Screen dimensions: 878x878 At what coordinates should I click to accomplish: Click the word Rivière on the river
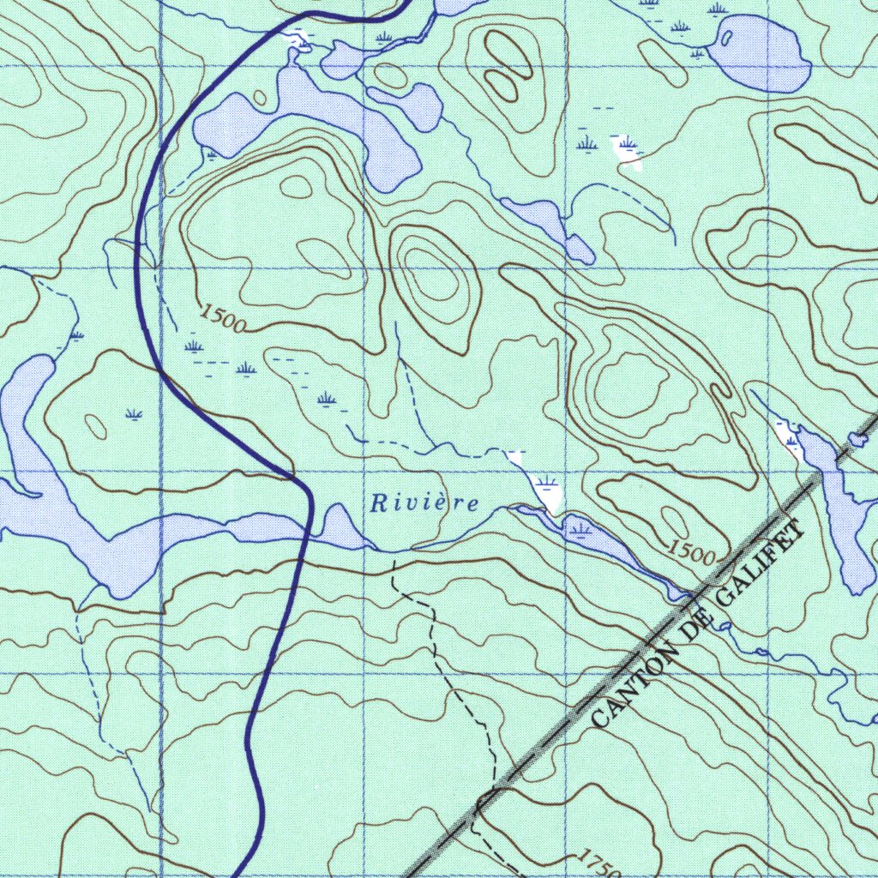(424, 503)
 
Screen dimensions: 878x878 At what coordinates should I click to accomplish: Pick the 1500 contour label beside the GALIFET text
(691, 551)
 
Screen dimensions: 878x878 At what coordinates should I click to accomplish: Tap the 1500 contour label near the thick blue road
(224, 319)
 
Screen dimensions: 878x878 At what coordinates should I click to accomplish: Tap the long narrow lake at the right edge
(844, 523)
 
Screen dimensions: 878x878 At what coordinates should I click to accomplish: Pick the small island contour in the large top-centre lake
(259, 97)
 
